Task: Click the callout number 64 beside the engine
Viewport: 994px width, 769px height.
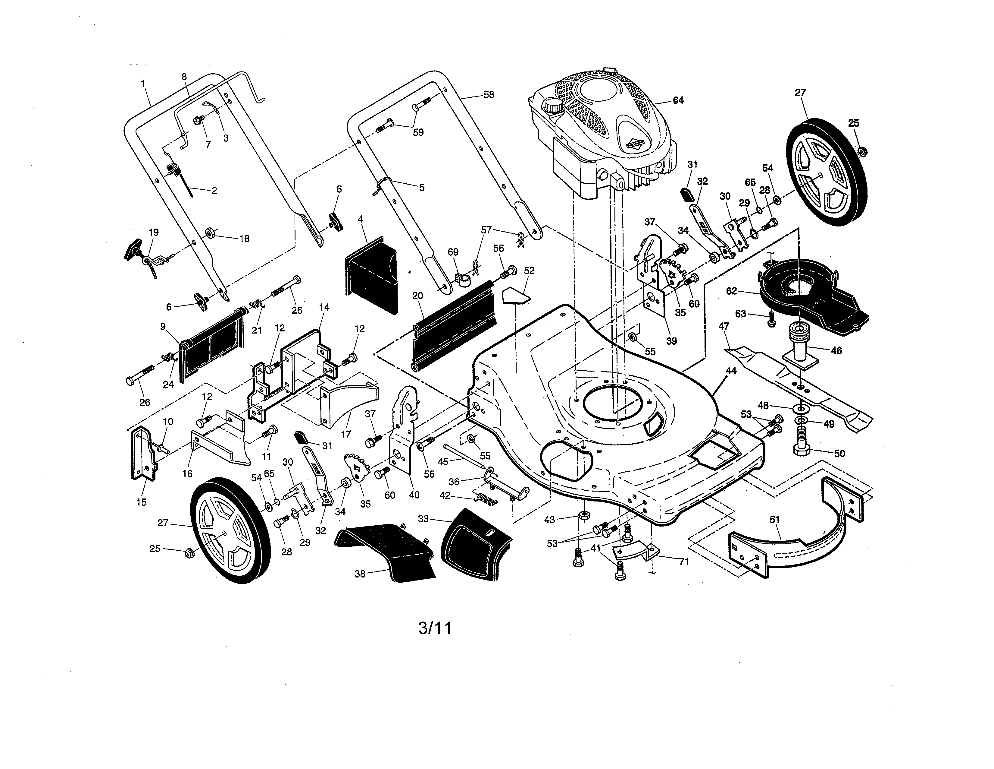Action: pos(678,100)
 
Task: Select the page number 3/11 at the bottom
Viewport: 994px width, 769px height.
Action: pos(435,628)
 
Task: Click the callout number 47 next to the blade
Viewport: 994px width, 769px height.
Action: pos(724,326)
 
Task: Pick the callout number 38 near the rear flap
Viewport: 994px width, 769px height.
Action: pos(360,574)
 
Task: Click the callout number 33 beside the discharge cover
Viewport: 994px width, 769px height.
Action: pos(423,518)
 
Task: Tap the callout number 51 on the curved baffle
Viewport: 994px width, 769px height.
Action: pos(775,519)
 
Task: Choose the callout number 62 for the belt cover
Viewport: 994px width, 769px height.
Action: pos(731,291)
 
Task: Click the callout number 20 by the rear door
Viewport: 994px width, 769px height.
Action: pos(417,296)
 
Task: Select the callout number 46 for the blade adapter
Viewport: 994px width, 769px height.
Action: pos(836,350)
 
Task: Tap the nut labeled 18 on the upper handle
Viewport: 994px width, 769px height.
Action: pos(210,233)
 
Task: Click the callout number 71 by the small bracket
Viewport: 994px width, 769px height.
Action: pos(684,562)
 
